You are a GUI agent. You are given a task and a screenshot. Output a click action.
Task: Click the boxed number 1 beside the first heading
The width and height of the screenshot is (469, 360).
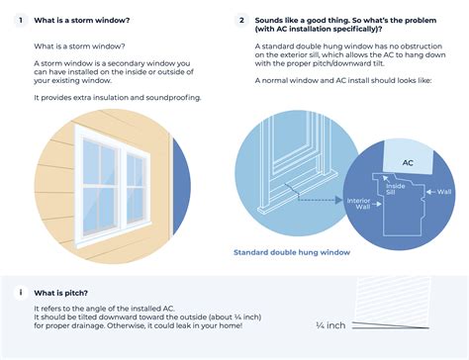coord(18,20)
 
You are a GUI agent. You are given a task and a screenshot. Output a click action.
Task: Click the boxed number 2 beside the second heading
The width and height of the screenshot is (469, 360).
coord(242,20)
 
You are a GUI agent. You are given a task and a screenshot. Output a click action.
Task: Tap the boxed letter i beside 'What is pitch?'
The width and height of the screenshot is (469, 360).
coord(18,293)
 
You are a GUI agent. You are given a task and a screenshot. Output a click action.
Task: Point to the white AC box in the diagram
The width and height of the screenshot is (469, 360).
coord(407,162)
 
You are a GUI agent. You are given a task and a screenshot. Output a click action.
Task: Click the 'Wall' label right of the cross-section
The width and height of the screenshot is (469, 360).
coord(444,192)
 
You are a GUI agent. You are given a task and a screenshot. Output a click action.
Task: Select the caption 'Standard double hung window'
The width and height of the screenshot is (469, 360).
coord(292,252)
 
